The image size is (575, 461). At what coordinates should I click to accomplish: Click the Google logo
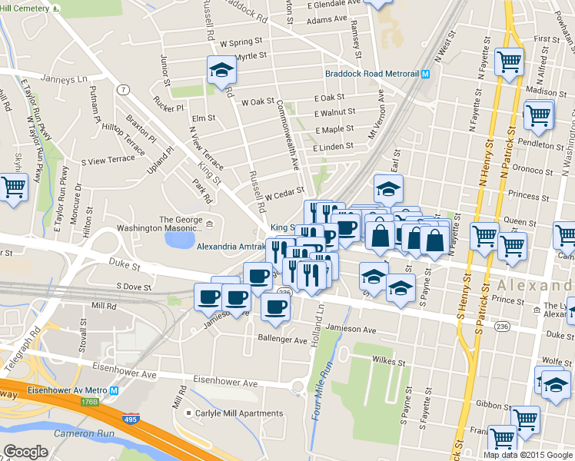(25, 452)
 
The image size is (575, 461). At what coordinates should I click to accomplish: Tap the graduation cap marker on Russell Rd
(221, 70)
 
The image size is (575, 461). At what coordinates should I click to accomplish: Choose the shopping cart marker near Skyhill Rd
(13, 186)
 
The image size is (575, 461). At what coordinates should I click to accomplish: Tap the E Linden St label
(333, 146)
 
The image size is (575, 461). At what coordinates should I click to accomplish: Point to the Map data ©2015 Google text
(527, 455)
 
